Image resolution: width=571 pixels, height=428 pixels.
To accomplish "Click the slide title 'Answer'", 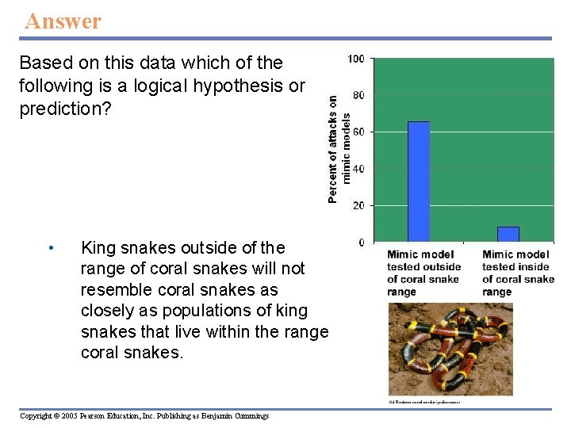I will pyautogui.click(x=63, y=21).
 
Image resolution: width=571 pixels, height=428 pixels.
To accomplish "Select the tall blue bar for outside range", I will pyautogui.click(x=418, y=182).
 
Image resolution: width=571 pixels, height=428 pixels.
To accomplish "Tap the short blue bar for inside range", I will pyautogui.click(x=508, y=234).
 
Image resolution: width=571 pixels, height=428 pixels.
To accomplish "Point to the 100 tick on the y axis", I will pyautogui.click(x=356, y=59).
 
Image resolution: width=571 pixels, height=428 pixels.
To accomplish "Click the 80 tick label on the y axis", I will pyautogui.click(x=358, y=95).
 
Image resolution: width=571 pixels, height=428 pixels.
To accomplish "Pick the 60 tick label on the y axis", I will pyautogui.click(x=358, y=132).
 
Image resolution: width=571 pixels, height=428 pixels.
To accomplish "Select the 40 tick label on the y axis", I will pyautogui.click(x=358, y=169).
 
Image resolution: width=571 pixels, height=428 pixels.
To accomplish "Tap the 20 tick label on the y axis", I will pyautogui.click(x=358, y=205).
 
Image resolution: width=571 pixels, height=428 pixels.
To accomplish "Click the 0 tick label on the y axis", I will pyautogui.click(x=361, y=242).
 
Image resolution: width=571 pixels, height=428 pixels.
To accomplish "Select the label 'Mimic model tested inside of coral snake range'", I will pyautogui.click(x=517, y=273).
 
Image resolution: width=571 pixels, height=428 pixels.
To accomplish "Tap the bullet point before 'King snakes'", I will pyautogui.click(x=50, y=248).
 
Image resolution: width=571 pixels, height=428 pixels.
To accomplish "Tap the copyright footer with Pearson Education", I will pyautogui.click(x=144, y=416).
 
